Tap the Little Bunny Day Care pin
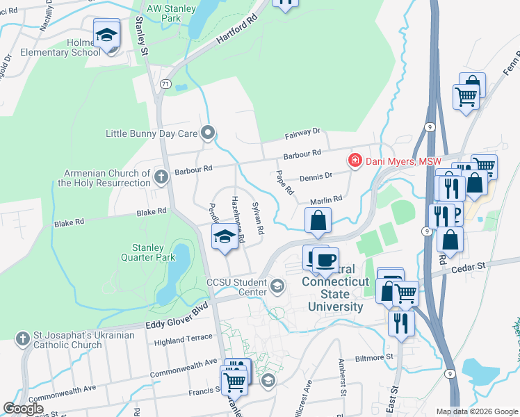207,133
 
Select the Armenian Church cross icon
161,177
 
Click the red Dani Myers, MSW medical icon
355,161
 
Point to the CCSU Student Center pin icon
277,286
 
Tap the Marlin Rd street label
327,199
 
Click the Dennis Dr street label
316,177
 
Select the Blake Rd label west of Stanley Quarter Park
69,222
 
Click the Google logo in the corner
23,409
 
